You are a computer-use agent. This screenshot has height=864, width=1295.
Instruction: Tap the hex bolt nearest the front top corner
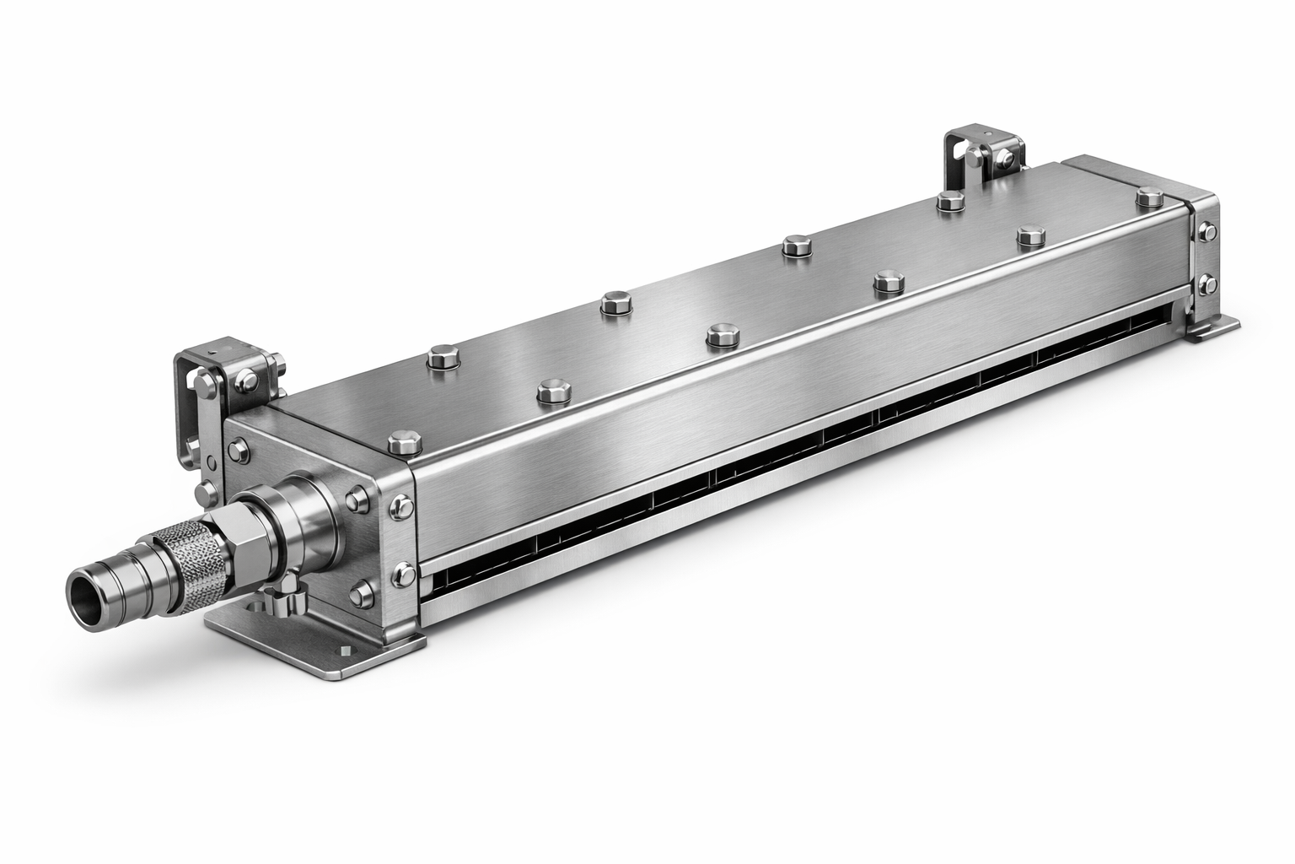pyautogui.click(x=403, y=442)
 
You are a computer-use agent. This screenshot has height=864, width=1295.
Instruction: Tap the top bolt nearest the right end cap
pyautogui.click(x=1148, y=198)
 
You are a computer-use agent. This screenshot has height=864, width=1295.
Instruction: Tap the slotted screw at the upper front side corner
pyautogui.click(x=403, y=506)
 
